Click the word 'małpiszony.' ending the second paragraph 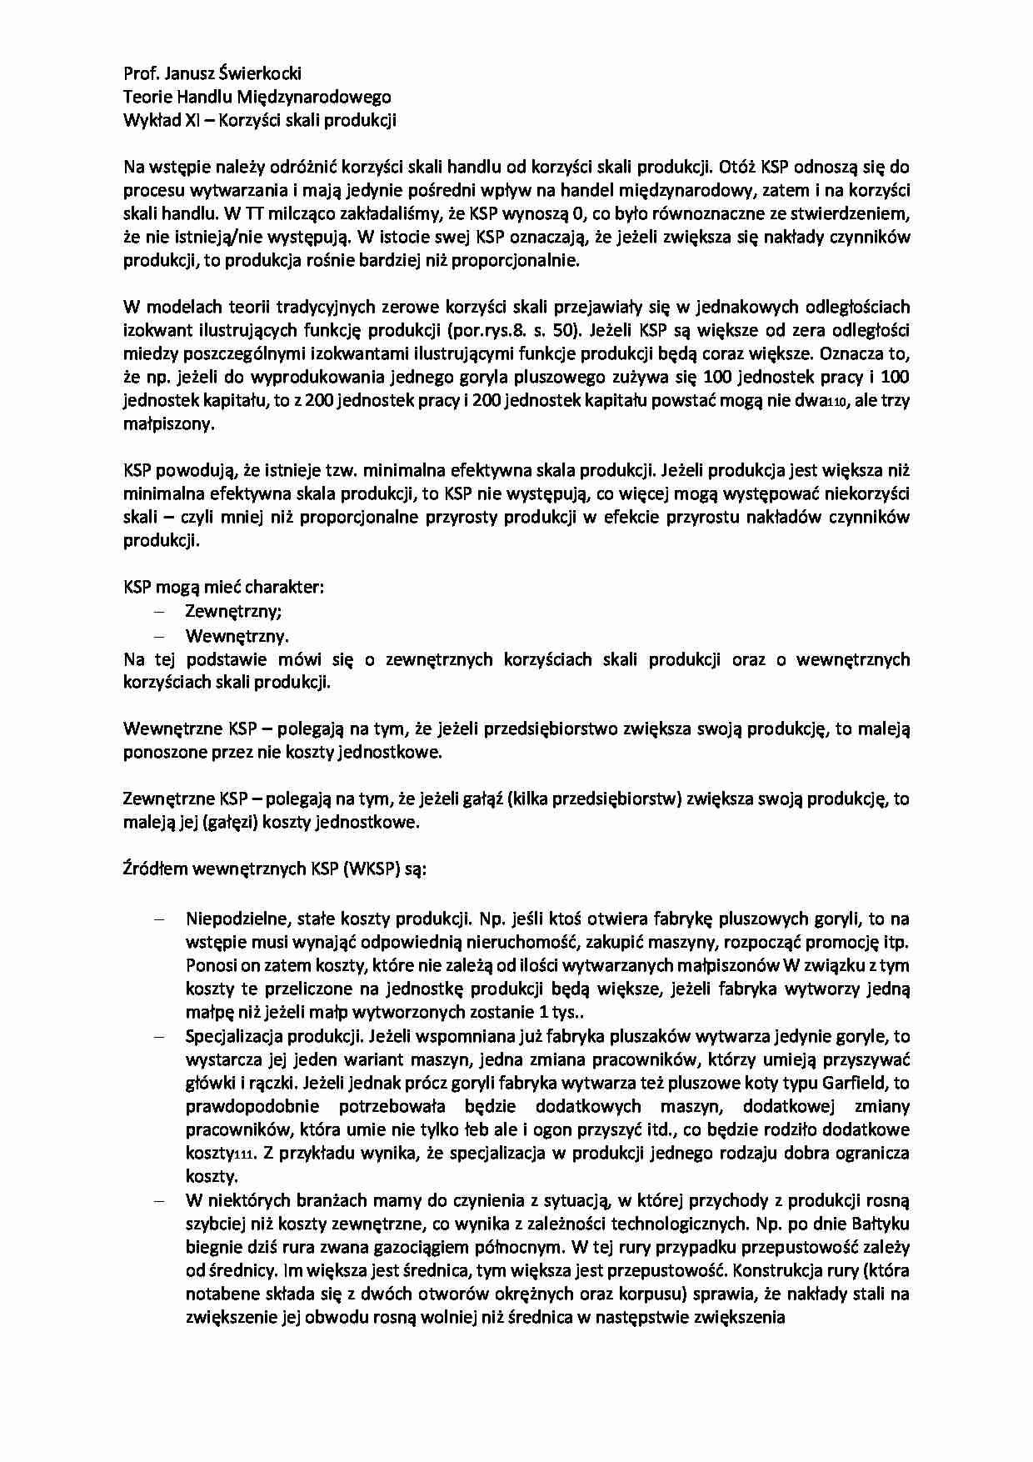point(169,423)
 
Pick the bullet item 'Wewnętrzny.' point(237,636)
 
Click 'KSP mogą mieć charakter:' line point(223,587)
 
